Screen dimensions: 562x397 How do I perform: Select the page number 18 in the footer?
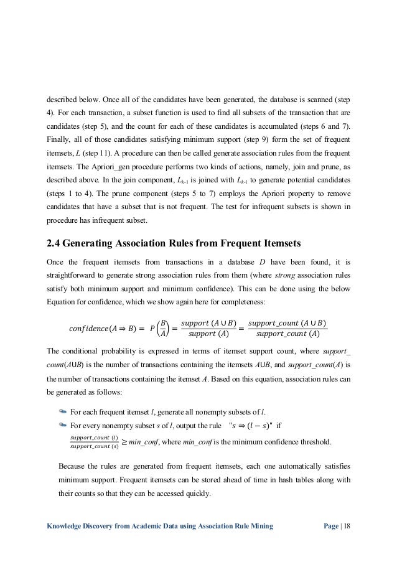[x=347, y=526]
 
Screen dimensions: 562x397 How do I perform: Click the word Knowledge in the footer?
[x=67, y=526]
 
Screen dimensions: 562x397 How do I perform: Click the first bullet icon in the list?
[x=62, y=393]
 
